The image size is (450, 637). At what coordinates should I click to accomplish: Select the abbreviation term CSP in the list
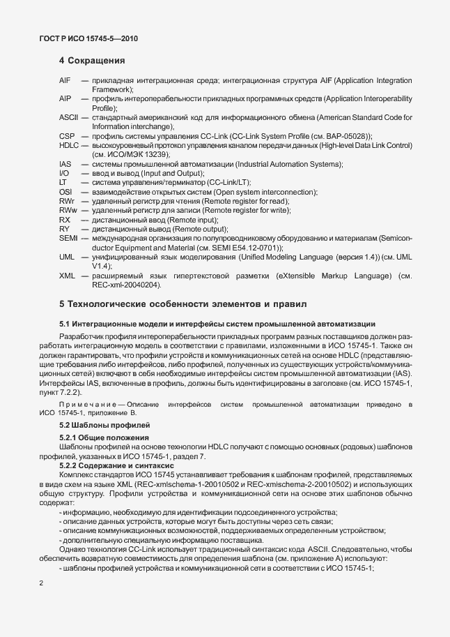(x=67, y=136)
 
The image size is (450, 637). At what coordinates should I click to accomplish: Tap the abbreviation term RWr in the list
(x=68, y=201)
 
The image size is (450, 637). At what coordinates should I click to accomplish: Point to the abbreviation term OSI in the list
(x=65, y=192)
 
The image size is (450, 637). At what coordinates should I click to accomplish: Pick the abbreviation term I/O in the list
(x=64, y=173)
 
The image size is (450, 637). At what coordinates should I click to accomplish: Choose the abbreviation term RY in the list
(x=65, y=229)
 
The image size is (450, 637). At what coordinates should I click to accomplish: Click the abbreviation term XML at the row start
(x=67, y=276)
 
